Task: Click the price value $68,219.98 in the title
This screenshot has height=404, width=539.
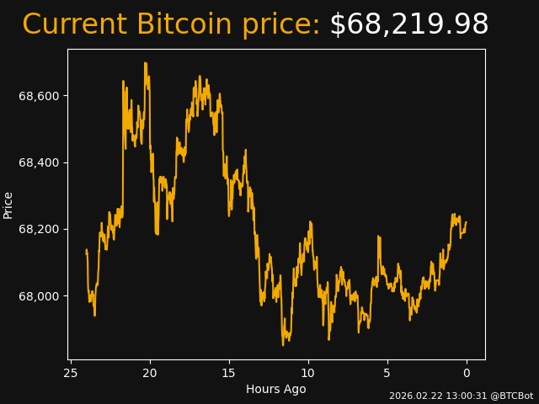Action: [408, 25]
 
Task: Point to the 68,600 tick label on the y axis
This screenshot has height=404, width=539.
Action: [40, 96]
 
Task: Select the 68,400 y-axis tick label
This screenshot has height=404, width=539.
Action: [40, 162]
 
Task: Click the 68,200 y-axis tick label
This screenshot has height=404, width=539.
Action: [40, 229]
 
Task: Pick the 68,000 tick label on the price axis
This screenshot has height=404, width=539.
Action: [40, 296]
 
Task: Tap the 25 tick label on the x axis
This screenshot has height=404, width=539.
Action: [71, 373]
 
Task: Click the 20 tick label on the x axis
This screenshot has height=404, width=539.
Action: [150, 373]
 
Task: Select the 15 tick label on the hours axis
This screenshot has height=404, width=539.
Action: [229, 373]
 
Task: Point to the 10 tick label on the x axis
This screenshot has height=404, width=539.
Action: [308, 373]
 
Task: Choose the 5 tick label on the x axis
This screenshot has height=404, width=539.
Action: [387, 373]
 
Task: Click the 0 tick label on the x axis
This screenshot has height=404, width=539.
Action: [467, 373]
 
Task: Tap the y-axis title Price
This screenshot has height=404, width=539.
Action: [8, 205]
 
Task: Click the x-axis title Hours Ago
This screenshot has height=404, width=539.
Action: [276, 389]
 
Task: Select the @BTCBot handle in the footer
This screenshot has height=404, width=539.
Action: [511, 396]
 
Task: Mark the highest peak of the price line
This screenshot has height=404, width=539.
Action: [145, 63]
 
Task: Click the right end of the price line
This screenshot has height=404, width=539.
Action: [466, 223]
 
